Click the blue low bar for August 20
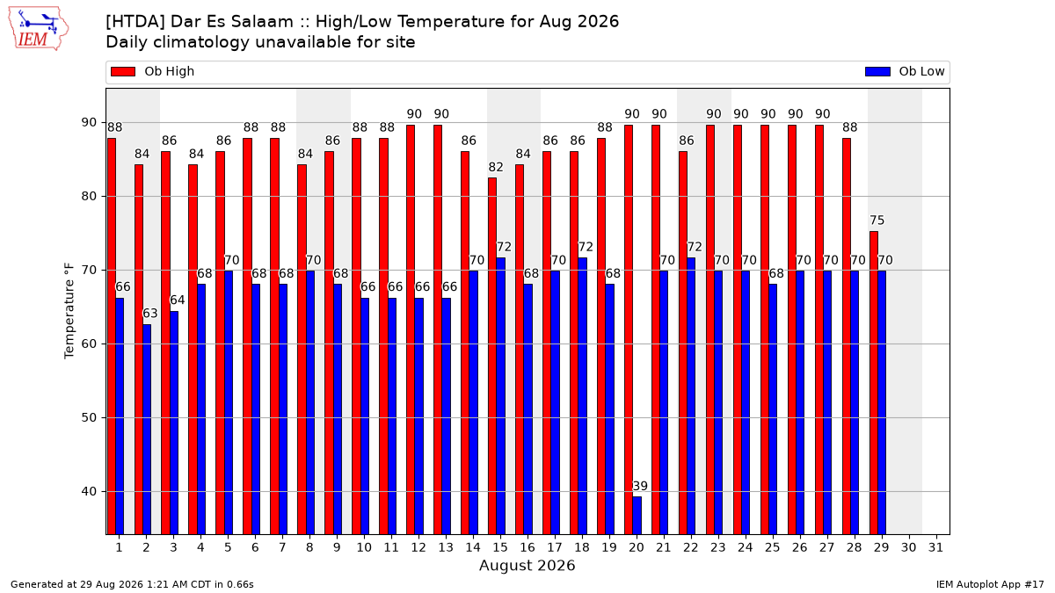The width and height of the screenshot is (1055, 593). (637, 516)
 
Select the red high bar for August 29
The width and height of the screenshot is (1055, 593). (874, 383)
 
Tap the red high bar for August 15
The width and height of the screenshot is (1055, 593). (492, 357)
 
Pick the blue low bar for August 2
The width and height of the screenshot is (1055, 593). (147, 430)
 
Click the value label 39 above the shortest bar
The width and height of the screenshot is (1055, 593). (640, 486)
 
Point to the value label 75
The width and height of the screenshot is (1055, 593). (877, 221)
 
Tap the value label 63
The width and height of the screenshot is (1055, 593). (150, 314)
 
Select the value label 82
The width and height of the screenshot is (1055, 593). (496, 167)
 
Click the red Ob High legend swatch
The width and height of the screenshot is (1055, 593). (123, 71)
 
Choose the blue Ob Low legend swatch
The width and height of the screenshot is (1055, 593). (878, 71)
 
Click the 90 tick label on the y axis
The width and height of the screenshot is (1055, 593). (89, 122)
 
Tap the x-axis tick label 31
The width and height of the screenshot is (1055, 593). (935, 547)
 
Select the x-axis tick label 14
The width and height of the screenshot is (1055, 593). (473, 547)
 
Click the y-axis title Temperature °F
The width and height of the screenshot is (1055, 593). (69, 311)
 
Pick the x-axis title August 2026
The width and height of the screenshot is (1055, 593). (527, 565)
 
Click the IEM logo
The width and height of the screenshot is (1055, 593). (38, 29)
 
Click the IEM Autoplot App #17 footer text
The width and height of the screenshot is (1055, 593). (990, 584)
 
